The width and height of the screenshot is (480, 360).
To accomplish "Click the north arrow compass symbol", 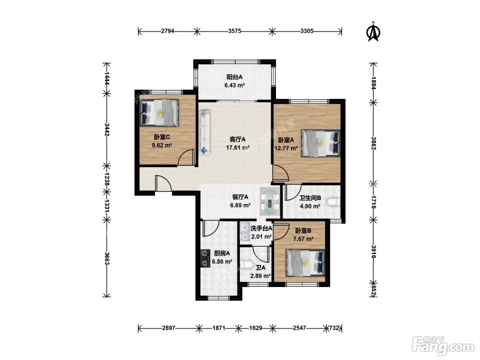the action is coord(373,32).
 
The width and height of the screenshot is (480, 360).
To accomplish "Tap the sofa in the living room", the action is coord(204,132).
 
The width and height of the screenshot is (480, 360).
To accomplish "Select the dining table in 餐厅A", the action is coord(269,202).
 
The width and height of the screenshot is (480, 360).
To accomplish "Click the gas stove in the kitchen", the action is coord(205,259).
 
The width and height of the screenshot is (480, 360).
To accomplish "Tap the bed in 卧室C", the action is coord(159,113).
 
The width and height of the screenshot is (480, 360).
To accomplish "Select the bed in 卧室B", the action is coord(305,263).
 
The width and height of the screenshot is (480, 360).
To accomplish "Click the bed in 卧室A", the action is coord(321,143).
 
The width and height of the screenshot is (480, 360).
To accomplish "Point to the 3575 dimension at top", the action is coord(235,31).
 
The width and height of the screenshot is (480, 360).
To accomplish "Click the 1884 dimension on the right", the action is coord(373,83).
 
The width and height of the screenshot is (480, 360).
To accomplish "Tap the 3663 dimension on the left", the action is coord(107,259).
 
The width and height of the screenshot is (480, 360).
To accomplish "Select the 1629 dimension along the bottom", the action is coord(256,328).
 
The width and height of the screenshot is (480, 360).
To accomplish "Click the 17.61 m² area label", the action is coord(238,147).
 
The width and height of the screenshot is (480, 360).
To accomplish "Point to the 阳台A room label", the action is coord(235,77).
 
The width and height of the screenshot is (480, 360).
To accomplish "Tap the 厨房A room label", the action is coord(222,253).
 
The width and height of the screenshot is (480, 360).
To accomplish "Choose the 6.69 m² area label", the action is coord(240,205).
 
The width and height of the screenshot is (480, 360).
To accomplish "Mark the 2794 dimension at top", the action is coord(168,31).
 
